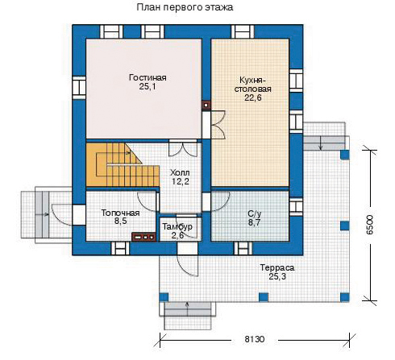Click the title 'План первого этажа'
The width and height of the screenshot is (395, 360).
click(x=185, y=7)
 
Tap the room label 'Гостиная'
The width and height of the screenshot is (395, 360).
click(x=148, y=77)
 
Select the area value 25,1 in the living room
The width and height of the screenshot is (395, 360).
click(x=148, y=86)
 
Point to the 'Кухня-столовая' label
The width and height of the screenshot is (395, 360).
click(x=252, y=85)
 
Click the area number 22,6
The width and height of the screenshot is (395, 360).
click(x=253, y=97)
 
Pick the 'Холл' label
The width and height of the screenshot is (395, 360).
click(x=180, y=172)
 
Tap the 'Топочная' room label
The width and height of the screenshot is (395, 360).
click(x=120, y=213)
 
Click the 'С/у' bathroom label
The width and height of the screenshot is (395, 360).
click(x=254, y=214)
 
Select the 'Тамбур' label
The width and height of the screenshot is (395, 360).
click(x=177, y=226)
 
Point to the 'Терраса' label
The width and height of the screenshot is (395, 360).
click(x=277, y=267)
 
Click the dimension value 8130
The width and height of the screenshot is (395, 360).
click(x=255, y=339)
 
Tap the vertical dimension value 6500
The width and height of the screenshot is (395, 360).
click(x=370, y=225)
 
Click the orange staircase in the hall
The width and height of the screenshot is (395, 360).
click(x=123, y=164)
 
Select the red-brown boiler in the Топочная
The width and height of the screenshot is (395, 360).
click(x=144, y=237)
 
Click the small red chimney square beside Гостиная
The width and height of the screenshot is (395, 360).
click(x=206, y=106)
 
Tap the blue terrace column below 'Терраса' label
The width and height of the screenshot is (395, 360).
click(x=264, y=297)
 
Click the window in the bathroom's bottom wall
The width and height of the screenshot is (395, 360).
click(x=243, y=248)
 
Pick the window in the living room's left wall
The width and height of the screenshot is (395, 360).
click(x=79, y=87)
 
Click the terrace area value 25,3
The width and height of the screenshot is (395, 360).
click(x=277, y=276)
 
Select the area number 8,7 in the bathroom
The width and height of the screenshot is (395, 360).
click(x=254, y=222)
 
